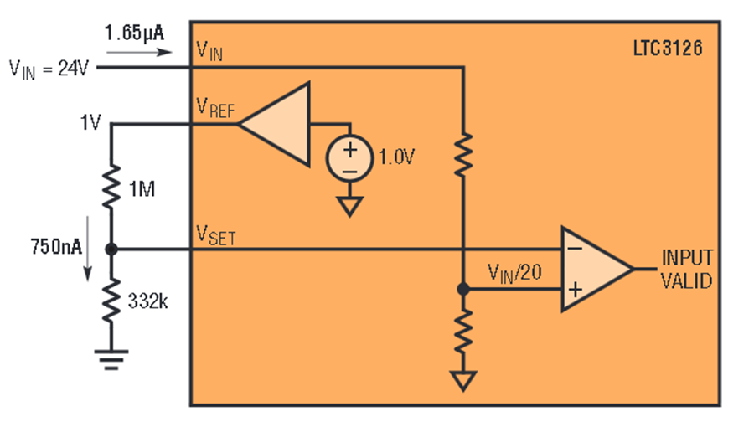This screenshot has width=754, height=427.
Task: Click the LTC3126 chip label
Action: click(x=668, y=48)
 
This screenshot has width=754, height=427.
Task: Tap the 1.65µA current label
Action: click(x=134, y=33)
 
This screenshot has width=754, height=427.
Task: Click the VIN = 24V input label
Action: click(x=49, y=69)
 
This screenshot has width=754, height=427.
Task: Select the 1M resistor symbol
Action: click(x=111, y=187)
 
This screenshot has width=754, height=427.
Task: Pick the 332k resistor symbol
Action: click(x=111, y=300)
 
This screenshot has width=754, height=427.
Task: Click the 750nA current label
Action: click(x=56, y=246)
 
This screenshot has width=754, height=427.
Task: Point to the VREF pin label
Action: click(x=215, y=108)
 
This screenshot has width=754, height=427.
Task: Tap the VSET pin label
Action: click(x=216, y=235)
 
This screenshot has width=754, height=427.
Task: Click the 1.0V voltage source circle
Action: click(x=349, y=158)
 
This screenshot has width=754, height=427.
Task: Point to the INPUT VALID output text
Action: click(x=687, y=269)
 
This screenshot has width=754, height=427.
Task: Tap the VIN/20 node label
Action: click(x=514, y=273)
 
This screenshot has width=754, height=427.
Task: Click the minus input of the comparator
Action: click(x=575, y=249)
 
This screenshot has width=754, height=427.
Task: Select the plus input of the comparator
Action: click(x=575, y=290)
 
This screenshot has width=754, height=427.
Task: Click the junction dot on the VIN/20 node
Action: click(x=463, y=289)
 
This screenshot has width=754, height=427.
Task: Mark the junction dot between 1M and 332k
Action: click(x=111, y=250)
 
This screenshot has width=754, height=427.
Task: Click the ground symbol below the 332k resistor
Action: click(x=111, y=360)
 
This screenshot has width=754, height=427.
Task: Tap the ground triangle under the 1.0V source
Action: click(x=349, y=207)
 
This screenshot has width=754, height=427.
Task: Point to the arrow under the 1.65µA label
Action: click(x=139, y=52)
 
